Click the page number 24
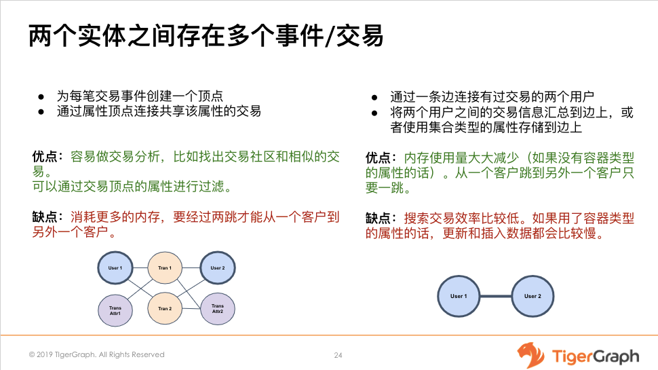point(338,355)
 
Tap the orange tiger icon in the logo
point(531,355)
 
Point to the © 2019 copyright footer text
point(96,354)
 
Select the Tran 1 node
point(165,268)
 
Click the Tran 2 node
point(165,309)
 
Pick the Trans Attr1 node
point(115,311)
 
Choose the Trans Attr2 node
point(217,309)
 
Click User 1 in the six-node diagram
point(115,268)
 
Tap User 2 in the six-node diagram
point(217,268)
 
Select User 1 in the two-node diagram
point(459,297)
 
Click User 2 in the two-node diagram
point(533,297)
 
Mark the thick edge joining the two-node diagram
point(495,297)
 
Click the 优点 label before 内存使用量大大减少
point(380,158)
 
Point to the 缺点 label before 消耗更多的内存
point(46,217)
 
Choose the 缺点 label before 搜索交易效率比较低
point(380,219)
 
